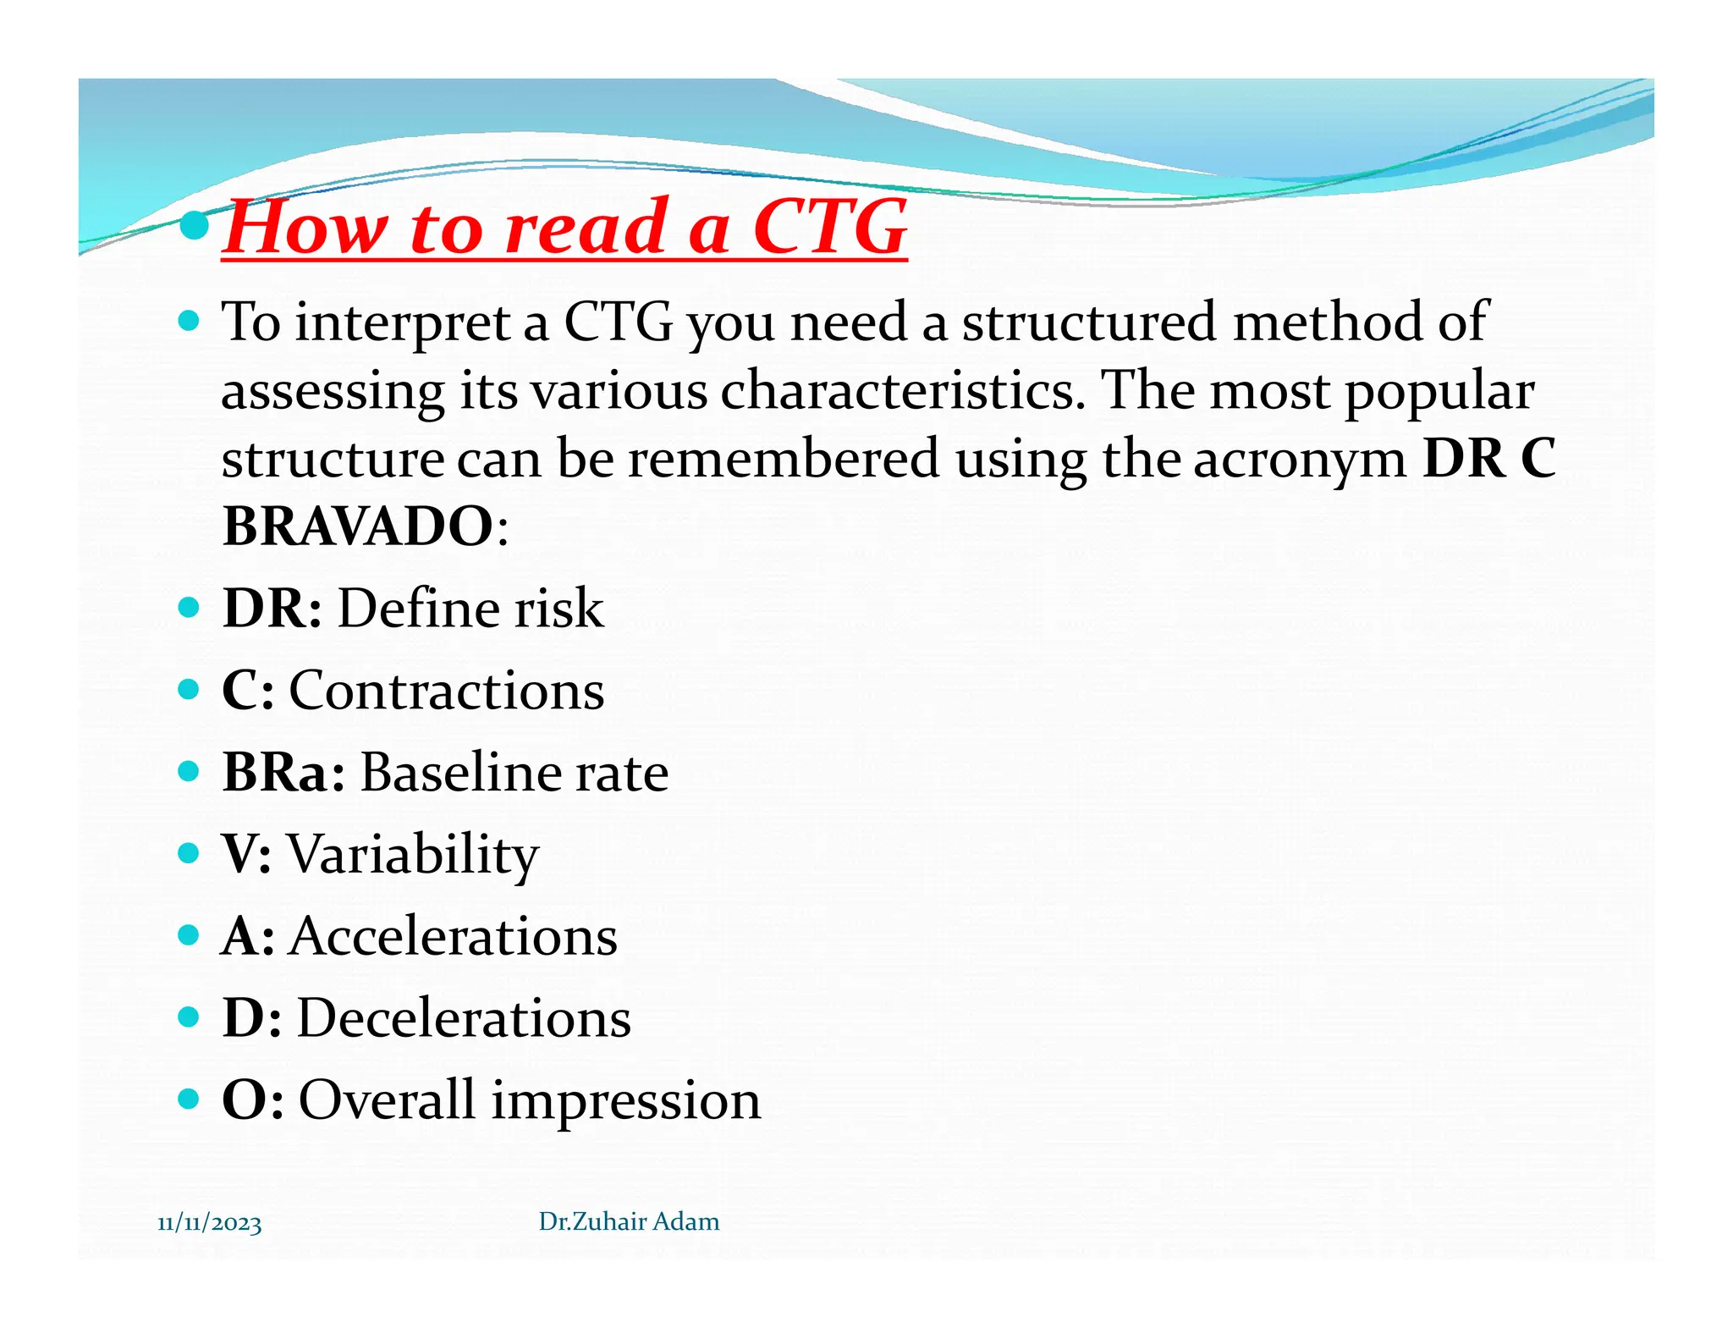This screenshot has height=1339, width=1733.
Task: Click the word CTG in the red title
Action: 829,227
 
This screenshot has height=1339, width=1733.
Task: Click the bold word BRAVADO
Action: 357,526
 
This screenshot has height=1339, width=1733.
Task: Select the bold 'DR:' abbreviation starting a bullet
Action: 272,608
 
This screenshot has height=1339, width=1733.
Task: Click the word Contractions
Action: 446,690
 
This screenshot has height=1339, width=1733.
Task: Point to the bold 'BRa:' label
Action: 283,772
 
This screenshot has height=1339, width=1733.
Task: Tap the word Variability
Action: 413,854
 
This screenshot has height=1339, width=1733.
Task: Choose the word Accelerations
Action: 453,936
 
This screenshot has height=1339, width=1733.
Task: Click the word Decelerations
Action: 464,1017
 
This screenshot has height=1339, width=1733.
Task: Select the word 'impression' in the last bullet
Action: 625,1100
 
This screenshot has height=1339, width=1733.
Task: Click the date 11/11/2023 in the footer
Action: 209,1223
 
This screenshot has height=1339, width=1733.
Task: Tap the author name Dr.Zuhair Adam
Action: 629,1221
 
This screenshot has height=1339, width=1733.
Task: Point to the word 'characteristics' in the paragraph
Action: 902,391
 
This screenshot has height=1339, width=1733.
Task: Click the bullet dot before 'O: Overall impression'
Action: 189,1099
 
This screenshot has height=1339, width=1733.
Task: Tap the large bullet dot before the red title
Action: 195,225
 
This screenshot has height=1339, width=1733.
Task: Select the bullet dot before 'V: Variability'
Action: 189,852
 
